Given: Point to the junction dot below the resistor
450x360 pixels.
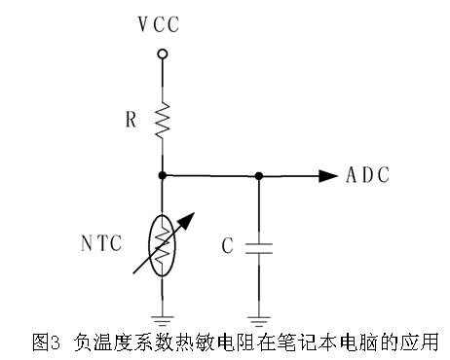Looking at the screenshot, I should coord(163,175).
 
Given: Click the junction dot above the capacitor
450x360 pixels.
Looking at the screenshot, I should coord(259,175).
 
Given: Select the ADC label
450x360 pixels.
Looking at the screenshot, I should coord(368,175).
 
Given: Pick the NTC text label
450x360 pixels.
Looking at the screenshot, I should coord(101,244).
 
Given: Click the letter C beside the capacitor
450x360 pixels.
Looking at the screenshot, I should coord(227,246).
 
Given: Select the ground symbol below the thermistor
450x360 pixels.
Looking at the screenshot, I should coord(163,315).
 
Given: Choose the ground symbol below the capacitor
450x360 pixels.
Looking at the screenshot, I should coord(259,315).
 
